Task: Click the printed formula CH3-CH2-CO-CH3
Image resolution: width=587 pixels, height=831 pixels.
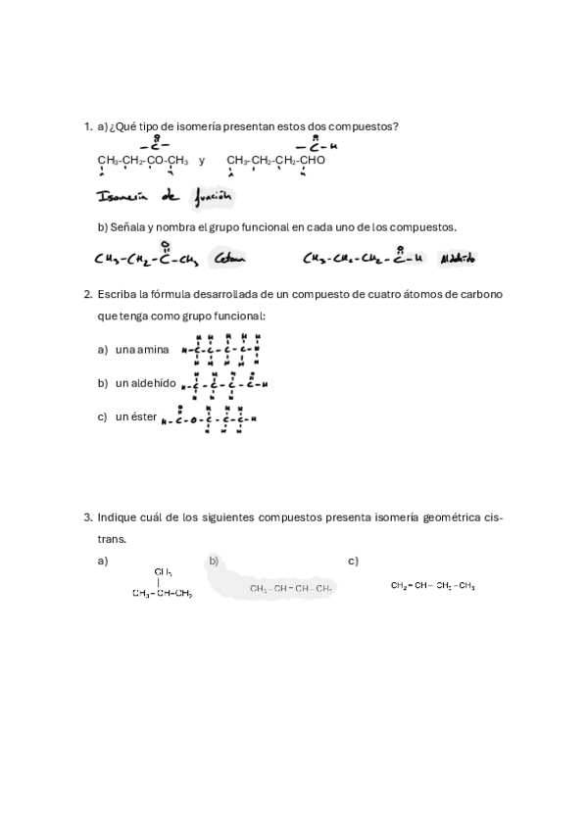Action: click(142, 161)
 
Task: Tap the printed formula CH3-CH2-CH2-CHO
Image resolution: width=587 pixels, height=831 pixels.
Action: click(275, 161)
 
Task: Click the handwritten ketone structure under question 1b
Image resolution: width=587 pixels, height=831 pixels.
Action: click(147, 259)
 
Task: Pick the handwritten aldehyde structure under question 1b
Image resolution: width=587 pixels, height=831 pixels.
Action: click(363, 259)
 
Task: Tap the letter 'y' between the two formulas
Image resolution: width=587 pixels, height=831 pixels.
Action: click(202, 161)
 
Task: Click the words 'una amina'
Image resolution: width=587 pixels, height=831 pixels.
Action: click(142, 350)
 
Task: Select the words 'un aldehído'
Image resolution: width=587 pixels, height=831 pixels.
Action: click(145, 383)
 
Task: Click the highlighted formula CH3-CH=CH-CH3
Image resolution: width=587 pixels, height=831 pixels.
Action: click(291, 589)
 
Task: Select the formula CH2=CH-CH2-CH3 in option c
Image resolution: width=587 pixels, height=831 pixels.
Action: click(432, 586)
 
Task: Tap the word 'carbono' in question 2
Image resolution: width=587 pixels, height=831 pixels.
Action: click(482, 294)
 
